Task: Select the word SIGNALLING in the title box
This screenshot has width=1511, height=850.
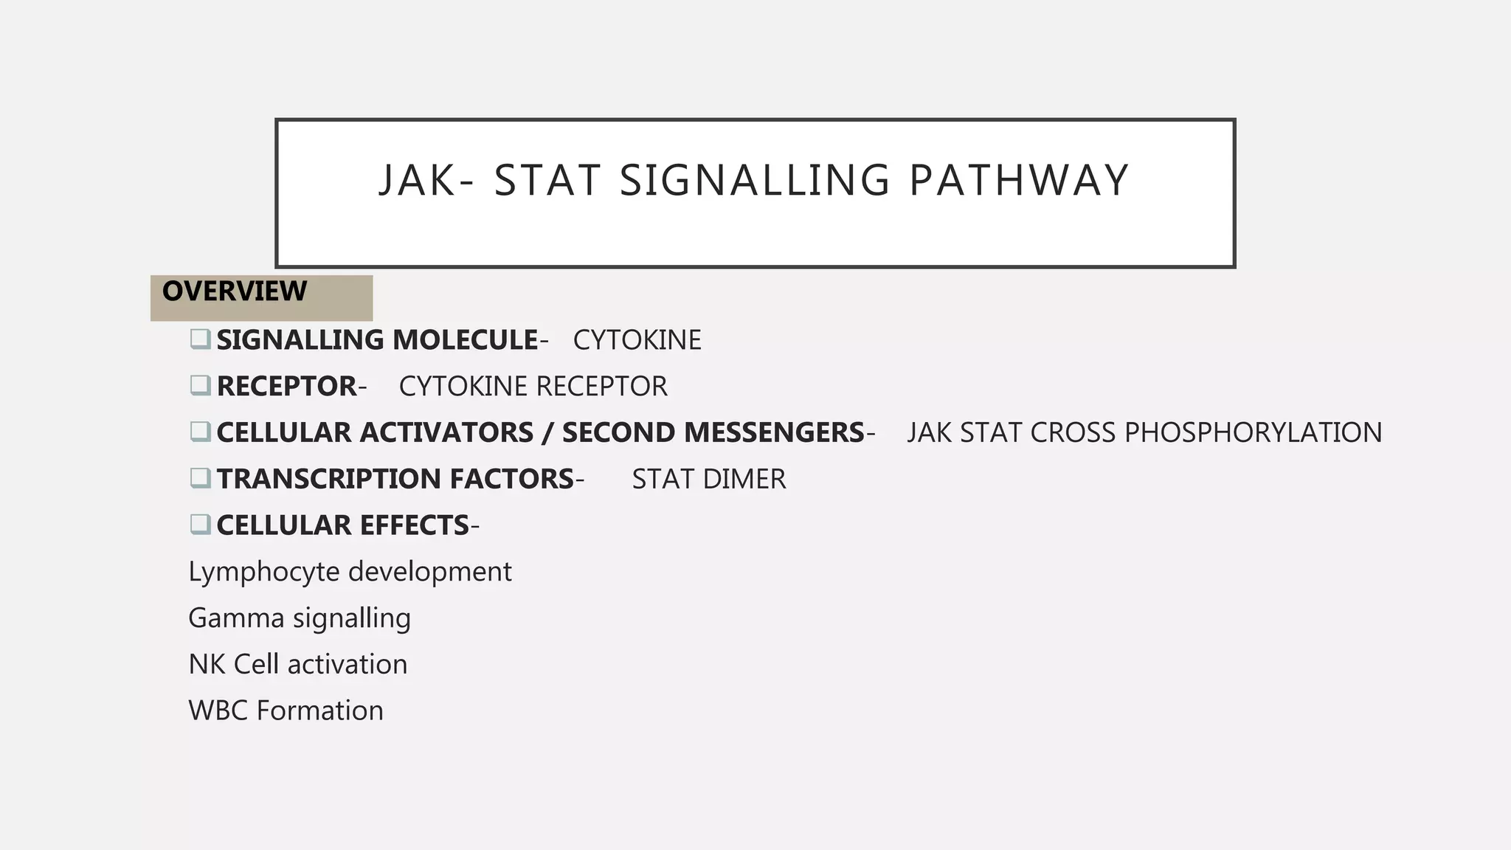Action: coord(755,181)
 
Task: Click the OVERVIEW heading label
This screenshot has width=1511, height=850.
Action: coord(235,291)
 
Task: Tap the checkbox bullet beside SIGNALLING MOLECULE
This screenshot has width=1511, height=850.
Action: coord(200,339)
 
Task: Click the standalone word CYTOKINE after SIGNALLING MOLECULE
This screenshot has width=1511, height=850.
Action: coord(637,340)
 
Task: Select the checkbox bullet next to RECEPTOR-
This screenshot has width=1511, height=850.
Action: coord(200,386)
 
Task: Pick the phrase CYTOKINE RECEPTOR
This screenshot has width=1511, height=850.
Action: coord(533,387)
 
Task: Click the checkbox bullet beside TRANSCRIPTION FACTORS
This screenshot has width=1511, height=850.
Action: coord(200,479)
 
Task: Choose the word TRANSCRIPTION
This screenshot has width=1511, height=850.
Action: coord(328,480)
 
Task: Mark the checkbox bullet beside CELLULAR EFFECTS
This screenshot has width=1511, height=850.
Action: coord(200,525)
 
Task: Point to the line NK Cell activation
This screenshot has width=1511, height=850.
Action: coord(297,665)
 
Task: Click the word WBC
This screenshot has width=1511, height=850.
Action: coord(218,711)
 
